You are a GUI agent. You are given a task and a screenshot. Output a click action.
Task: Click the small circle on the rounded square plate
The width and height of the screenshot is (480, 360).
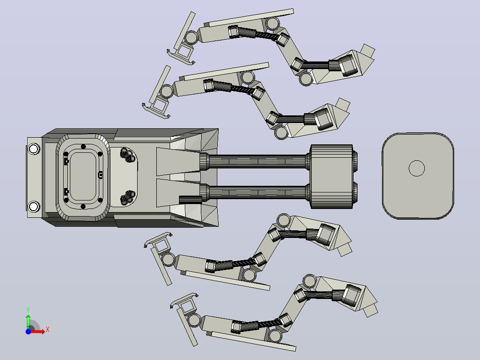coord(417,168)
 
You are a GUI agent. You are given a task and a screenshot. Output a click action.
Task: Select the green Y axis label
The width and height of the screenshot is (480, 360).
coord(28,310)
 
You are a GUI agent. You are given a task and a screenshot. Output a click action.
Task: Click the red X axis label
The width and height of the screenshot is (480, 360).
coord(48,330)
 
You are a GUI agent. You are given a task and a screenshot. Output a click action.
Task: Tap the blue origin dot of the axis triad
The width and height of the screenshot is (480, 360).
coord(28,331)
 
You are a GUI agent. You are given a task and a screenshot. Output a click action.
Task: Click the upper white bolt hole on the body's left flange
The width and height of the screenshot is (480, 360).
coord(33,149)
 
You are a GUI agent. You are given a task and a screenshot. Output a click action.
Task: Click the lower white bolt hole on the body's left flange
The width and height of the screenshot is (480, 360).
coord(33,206)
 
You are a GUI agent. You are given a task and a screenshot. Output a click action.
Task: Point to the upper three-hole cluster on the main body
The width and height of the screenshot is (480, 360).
coord(128,155)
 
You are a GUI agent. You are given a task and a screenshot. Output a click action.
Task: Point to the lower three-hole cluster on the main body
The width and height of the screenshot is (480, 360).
coord(128,197)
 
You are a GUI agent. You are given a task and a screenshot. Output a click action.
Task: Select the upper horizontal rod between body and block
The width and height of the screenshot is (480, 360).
coord(258,161)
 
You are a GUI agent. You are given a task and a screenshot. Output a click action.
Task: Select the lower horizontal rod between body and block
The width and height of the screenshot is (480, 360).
coord(258,192)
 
